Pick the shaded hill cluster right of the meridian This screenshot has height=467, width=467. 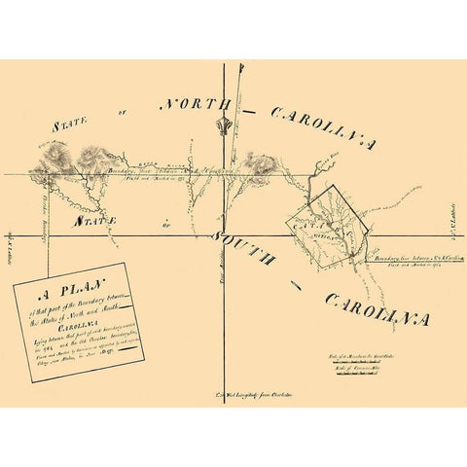(x=259, y=164)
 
